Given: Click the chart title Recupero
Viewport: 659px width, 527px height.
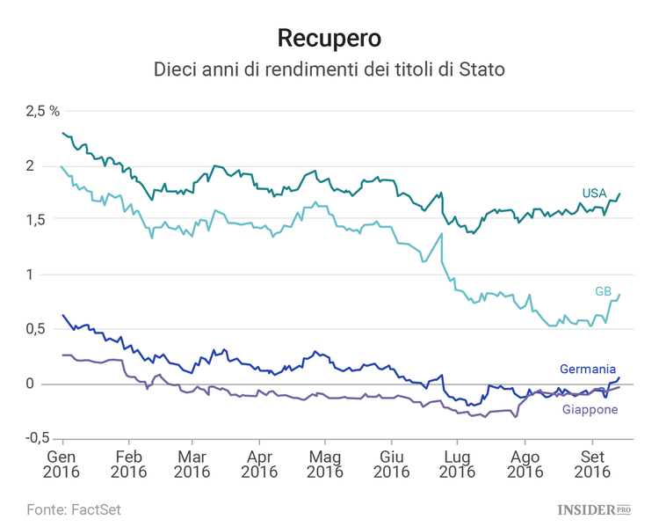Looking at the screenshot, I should tap(329, 38).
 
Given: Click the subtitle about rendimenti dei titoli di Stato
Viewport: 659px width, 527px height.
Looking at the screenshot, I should tap(329, 69).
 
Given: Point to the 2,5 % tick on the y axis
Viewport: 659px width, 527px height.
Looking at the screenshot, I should tap(42, 111).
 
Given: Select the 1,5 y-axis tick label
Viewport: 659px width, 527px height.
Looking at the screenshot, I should tap(35, 220).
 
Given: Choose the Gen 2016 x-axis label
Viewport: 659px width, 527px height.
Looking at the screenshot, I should tap(62, 465).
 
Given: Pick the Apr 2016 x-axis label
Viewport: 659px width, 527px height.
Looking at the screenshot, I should tap(258, 465).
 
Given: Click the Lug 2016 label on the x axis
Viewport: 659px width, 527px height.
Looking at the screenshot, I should tap(457, 465).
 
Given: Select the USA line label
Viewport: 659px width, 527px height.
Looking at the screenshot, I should tap(594, 194).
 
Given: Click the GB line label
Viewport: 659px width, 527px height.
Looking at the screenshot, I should tap(604, 291).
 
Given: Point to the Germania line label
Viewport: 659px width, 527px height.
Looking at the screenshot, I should tap(588, 370).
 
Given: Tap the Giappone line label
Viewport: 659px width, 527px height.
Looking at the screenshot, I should tap(589, 410).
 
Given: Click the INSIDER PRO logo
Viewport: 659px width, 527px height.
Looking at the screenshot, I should tap(595, 509).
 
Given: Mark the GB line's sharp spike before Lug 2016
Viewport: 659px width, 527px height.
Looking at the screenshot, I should tap(440, 234).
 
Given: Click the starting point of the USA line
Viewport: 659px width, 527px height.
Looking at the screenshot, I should tap(63, 133).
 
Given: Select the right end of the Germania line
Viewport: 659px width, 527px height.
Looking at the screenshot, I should tap(619, 377).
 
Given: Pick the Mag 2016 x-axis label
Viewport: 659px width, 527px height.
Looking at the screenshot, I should tap(325, 465).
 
